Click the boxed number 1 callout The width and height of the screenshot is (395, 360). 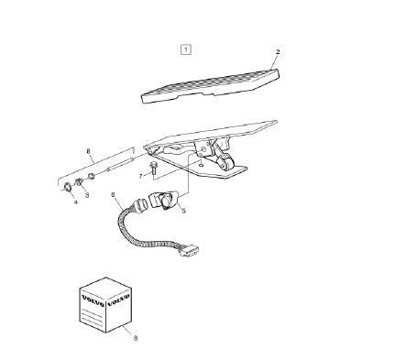click(186, 49)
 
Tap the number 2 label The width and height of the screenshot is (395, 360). click(278, 52)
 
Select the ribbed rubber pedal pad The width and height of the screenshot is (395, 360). click(210, 86)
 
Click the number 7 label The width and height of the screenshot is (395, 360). click(141, 176)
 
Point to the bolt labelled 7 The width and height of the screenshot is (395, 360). click(153, 169)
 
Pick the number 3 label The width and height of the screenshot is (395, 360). click(87, 195)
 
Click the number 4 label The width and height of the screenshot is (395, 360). click(75, 202)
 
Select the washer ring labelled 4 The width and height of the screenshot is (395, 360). click(67, 187)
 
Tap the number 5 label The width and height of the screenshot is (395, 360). click(183, 211)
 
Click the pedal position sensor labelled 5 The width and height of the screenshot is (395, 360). click(165, 199)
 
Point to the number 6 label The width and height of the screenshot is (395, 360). click(113, 194)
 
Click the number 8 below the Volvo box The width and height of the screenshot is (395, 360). click(136, 338)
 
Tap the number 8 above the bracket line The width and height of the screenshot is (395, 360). click(89, 151)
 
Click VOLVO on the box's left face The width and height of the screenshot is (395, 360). click(92, 300)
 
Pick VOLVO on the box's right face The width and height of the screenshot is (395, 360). click(118, 300)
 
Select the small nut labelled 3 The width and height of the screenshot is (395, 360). click(79, 181)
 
